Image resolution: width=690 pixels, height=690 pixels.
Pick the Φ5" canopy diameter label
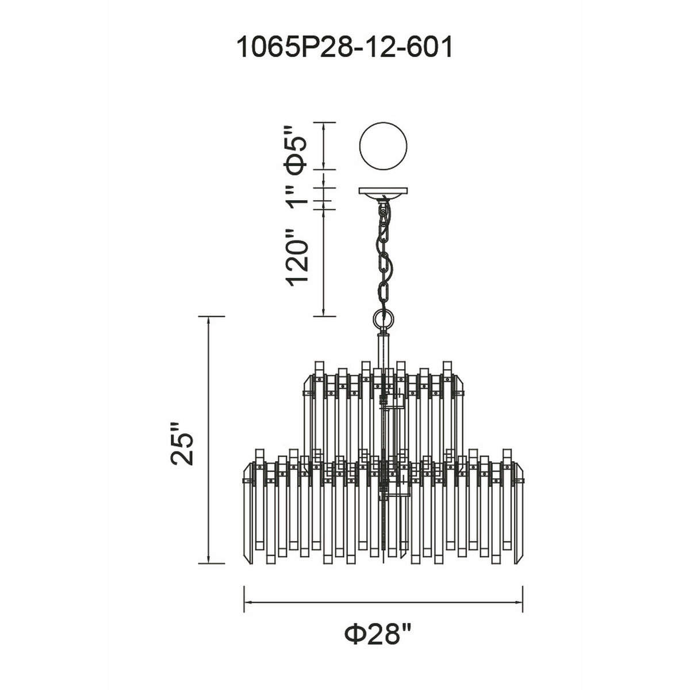coord(296,151)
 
